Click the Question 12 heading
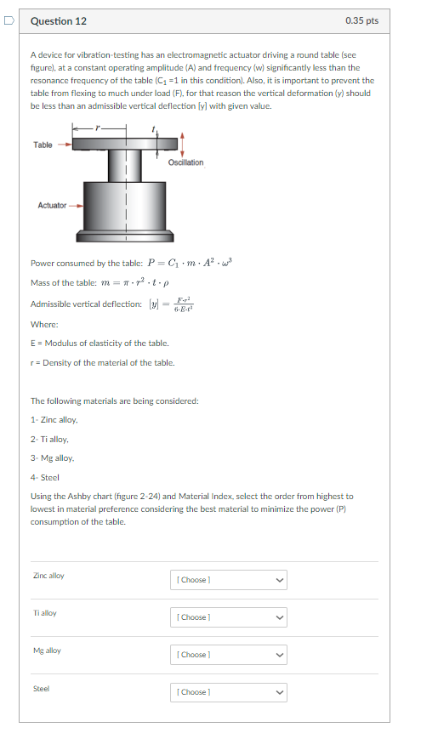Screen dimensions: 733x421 58,20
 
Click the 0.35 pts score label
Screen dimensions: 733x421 362,20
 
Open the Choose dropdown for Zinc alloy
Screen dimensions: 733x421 229,580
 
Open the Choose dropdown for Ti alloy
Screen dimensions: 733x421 229,617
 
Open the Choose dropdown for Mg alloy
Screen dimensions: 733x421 229,655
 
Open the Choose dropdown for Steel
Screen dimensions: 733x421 229,692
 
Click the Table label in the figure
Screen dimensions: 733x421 43,145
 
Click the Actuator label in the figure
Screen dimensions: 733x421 52,205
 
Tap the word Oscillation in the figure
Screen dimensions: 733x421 185,162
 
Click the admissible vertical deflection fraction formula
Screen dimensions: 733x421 183,304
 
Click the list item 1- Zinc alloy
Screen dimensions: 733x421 54,420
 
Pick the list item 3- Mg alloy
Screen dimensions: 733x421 52,458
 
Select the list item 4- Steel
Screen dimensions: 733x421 45,477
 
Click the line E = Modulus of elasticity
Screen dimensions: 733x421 100,343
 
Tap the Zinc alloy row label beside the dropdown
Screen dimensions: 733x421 48,576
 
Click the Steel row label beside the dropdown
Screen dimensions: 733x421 41,688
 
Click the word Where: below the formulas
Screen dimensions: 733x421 44,324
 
